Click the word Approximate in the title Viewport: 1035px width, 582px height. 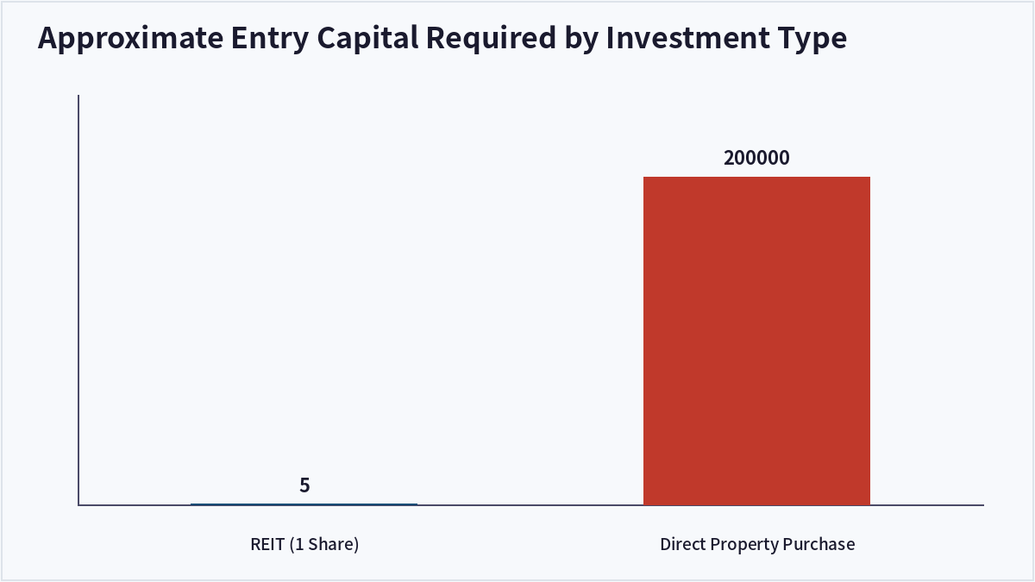click(x=131, y=38)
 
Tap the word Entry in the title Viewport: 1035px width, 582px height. click(x=270, y=38)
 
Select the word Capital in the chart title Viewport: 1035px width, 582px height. click(x=367, y=38)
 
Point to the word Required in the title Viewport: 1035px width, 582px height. click(x=491, y=38)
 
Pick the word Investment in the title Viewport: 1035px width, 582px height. click(x=688, y=37)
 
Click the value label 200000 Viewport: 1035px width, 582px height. click(x=756, y=158)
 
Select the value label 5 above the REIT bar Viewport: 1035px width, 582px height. click(x=304, y=485)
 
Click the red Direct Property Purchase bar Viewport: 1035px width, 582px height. click(x=757, y=341)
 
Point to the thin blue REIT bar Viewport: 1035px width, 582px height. click(x=304, y=504)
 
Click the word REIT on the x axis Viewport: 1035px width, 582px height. click(x=267, y=544)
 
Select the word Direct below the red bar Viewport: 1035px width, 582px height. click(x=682, y=544)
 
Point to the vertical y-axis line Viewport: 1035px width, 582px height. click(x=78, y=300)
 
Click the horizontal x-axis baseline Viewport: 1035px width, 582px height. click(x=531, y=505)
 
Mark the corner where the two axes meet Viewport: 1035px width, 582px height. click(x=78, y=505)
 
